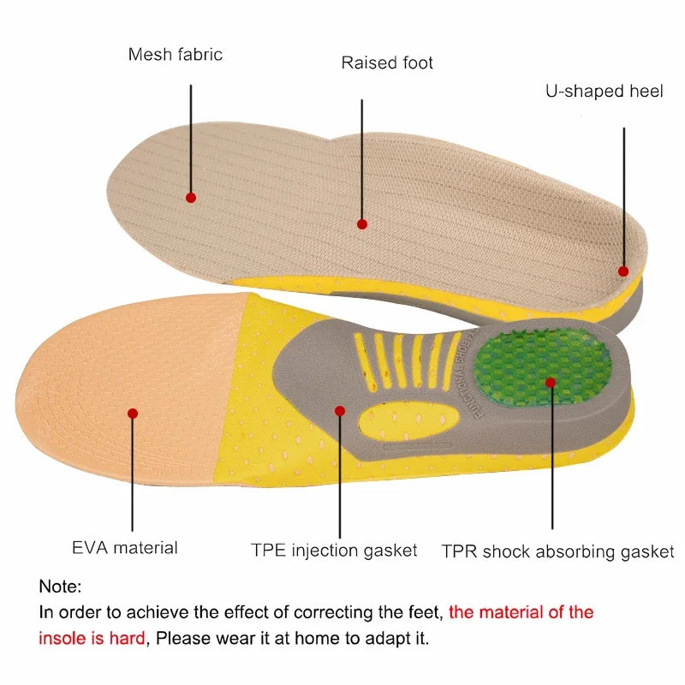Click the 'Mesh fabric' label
[175, 55]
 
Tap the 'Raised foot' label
[387, 63]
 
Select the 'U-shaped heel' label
[604, 91]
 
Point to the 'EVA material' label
[125, 547]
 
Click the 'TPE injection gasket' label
[334, 550]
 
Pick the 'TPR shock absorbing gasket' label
[557, 551]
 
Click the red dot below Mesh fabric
[191, 197]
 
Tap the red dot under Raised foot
[362, 223]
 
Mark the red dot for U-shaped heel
[622, 271]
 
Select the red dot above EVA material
[133, 413]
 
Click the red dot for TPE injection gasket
[340, 411]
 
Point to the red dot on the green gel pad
[551, 383]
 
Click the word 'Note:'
[60, 587]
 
